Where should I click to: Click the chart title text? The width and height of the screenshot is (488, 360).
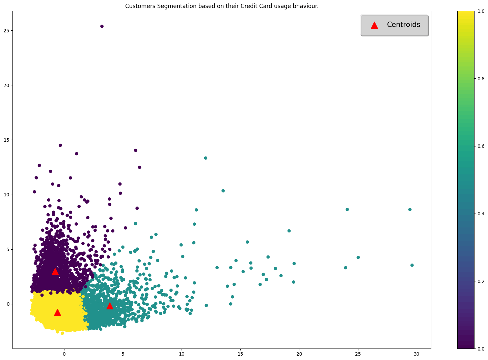(222, 6)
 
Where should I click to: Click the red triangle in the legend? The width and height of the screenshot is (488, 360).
(374, 25)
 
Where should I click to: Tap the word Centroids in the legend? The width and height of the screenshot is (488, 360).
(403, 25)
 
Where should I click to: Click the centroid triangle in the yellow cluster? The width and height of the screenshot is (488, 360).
(57, 312)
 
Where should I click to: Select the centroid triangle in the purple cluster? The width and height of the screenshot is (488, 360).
(55, 272)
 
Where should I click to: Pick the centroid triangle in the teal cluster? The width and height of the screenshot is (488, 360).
(110, 306)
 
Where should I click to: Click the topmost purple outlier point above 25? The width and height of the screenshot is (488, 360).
(102, 26)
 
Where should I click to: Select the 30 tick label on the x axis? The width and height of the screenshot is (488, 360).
(417, 354)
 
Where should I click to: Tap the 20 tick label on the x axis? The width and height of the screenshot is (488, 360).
(299, 354)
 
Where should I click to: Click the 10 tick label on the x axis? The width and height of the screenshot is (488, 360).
(182, 354)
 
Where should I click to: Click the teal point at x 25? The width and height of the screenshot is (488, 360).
(358, 257)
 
